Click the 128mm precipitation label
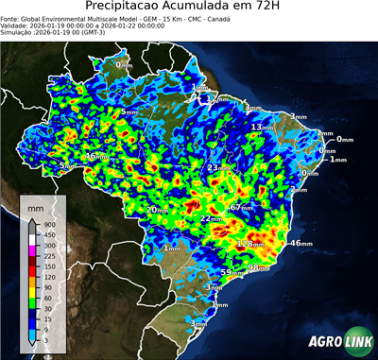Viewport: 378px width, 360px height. point(249,243)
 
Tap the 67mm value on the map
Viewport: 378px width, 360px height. point(242,207)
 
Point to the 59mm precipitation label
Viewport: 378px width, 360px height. point(231,273)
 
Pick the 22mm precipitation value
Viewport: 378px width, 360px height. point(210,219)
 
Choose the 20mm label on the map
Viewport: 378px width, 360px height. point(157,209)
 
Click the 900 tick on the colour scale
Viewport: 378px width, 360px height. point(48,222)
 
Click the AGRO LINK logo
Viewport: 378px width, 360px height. point(335,342)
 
